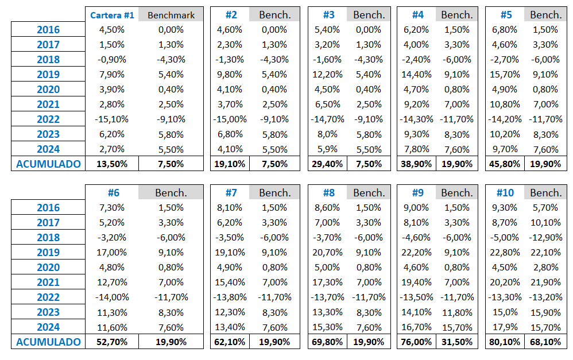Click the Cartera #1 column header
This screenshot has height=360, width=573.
point(112,15)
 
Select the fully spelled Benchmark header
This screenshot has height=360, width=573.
point(171,15)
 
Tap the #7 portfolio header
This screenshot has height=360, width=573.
point(231,192)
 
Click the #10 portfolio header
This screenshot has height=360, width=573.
point(505,192)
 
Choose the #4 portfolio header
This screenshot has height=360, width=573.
point(417,14)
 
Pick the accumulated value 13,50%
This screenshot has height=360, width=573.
point(112,164)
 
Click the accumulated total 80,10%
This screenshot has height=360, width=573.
point(505,342)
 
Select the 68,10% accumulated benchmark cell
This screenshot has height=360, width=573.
point(545,342)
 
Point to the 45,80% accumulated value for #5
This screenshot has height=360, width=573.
point(505,164)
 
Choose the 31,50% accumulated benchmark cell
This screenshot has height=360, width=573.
point(457,342)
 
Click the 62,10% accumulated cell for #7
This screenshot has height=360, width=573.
point(230,342)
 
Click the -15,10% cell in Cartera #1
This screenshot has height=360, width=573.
point(112,119)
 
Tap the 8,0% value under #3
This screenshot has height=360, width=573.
point(327,134)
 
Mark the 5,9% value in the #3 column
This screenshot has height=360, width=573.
point(327,149)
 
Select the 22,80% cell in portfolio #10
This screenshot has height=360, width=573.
point(505,252)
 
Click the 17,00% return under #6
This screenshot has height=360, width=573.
point(112,252)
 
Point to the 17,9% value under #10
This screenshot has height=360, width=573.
point(505,327)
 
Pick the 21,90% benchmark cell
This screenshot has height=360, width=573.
point(545,282)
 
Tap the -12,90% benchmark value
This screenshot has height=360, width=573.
point(545,237)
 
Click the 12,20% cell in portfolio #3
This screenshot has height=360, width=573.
point(327,74)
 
